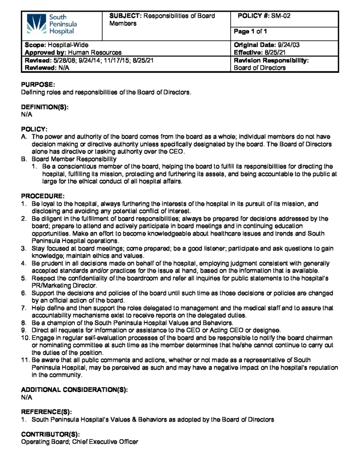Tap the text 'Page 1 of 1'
tap(251, 31)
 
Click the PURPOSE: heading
tap(38, 85)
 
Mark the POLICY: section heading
tap(34, 129)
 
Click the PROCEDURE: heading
tap(43, 196)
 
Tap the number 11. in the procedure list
tap(26, 360)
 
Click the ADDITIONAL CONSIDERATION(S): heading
tap(75, 390)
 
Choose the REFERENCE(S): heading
tap(47, 412)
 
